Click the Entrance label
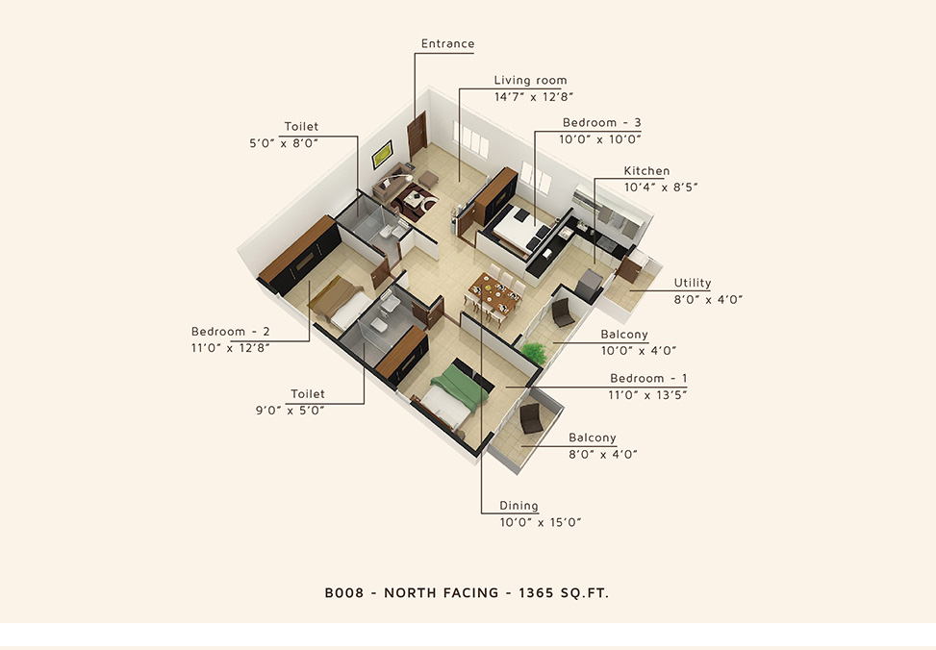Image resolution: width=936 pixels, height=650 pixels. point(447,43)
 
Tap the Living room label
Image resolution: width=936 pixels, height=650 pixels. point(530,80)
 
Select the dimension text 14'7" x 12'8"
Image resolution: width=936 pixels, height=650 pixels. point(534,97)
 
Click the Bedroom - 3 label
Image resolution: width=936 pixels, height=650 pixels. point(602,122)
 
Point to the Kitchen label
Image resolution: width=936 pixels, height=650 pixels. point(646,171)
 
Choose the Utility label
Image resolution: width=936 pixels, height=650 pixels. point(693,283)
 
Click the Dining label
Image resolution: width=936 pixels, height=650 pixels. point(519,506)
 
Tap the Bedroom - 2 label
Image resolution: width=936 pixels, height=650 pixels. point(231,332)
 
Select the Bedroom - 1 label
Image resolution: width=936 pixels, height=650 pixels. point(648,379)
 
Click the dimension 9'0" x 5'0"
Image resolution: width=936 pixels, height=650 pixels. point(291,411)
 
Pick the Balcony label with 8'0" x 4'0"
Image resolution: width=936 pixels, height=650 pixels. point(593,437)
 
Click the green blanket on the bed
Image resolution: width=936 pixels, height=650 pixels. point(460,387)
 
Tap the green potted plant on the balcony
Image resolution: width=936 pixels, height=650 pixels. point(534,352)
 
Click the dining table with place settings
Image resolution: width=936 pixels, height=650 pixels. point(494,293)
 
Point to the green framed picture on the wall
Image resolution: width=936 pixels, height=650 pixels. point(382,155)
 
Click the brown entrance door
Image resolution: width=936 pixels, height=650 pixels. point(417,135)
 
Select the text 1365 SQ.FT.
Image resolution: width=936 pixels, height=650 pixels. point(564,592)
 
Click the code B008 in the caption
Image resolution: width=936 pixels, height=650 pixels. point(343,592)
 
